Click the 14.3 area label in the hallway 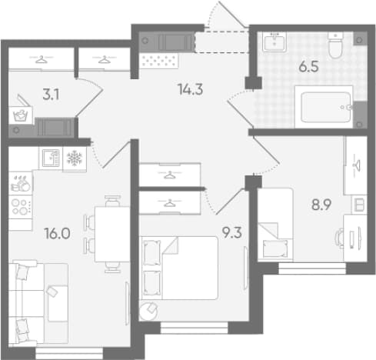pyautogui.click(x=191, y=89)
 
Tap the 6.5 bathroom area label pyautogui.click(x=308, y=67)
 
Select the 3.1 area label pyautogui.click(x=51, y=95)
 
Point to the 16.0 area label pyautogui.click(x=57, y=234)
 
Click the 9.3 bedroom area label pyautogui.click(x=232, y=233)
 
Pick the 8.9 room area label pyautogui.click(x=321, y=205)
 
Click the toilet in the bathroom pyautogui.click(x=335, y=45)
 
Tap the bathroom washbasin pyautogui.click(x=275, y=42)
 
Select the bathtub pyautogui.click(x=324, y=107)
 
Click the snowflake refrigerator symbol pyautogui.click(x=75, y=158)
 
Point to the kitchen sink pyautogui.click(x=51, y=158)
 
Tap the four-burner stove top pyautogui.click(x=21, y=207)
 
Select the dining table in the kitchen pyautogui.click(x=112, y=235)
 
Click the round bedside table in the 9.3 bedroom pyautogui.click(x=148, y=311)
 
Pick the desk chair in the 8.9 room pyautogui.click(x=339, y=238)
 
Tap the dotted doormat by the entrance pyautogui.click(x=159, y=61)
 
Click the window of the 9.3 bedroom pyautogui.click(x=194, y=328)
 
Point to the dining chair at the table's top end pyautogui.click(x=113, y=201)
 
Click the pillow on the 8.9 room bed pyautogui.click(x=275, y=248)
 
